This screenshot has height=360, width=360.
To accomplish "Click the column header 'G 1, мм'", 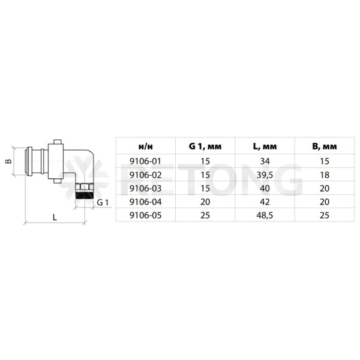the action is pyautogui.click(x=205, y=146).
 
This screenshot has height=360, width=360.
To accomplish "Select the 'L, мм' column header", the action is pyautogui.click(x=265, y=146).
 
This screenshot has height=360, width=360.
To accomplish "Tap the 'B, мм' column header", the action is pyautogui.click(x=325, y=146).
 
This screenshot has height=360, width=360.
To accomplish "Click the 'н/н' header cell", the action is pyautogui.click(x=146, y=146).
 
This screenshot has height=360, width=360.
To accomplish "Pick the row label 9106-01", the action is pyautogui.click(x=146, y=161).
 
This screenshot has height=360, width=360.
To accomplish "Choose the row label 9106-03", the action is pyautogui.click(x=146, y=188).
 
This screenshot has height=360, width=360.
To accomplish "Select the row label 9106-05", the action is pyautogui.click(x=146, y=215).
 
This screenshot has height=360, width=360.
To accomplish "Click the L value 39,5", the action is pyautogui.click(x=265, y=175).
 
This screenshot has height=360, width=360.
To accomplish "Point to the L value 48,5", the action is pyautogui.click(x=265, y=215).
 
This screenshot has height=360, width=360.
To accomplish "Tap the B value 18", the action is pyautogui.click(x=325, y=175).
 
